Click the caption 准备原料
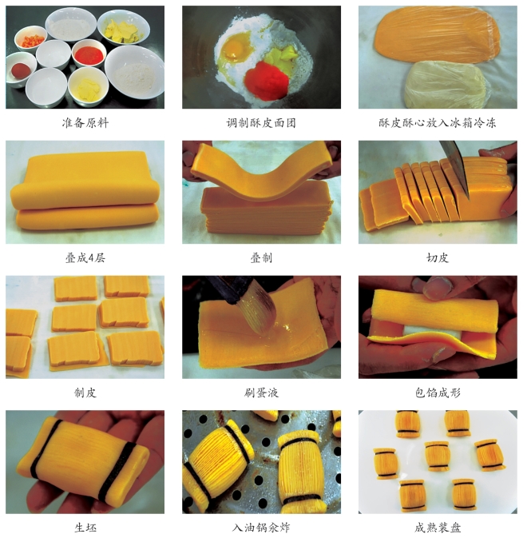click(85, 122)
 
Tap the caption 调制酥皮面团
click(261, 122)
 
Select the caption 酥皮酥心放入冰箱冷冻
click(438, 122)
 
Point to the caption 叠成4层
click(85, 257)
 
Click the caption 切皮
click(438, 257)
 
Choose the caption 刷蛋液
click(261, 393)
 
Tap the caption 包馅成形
click(438, 393)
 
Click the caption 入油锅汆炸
click(261, 528)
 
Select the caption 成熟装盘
click(438, 528)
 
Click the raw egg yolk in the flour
click(235, 47)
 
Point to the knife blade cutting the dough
click(456, 169)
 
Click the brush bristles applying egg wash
click(259, 310)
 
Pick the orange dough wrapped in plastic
click(437, 34)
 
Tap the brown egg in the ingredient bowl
click(21, 70)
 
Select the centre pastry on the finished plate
click(437, 456)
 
